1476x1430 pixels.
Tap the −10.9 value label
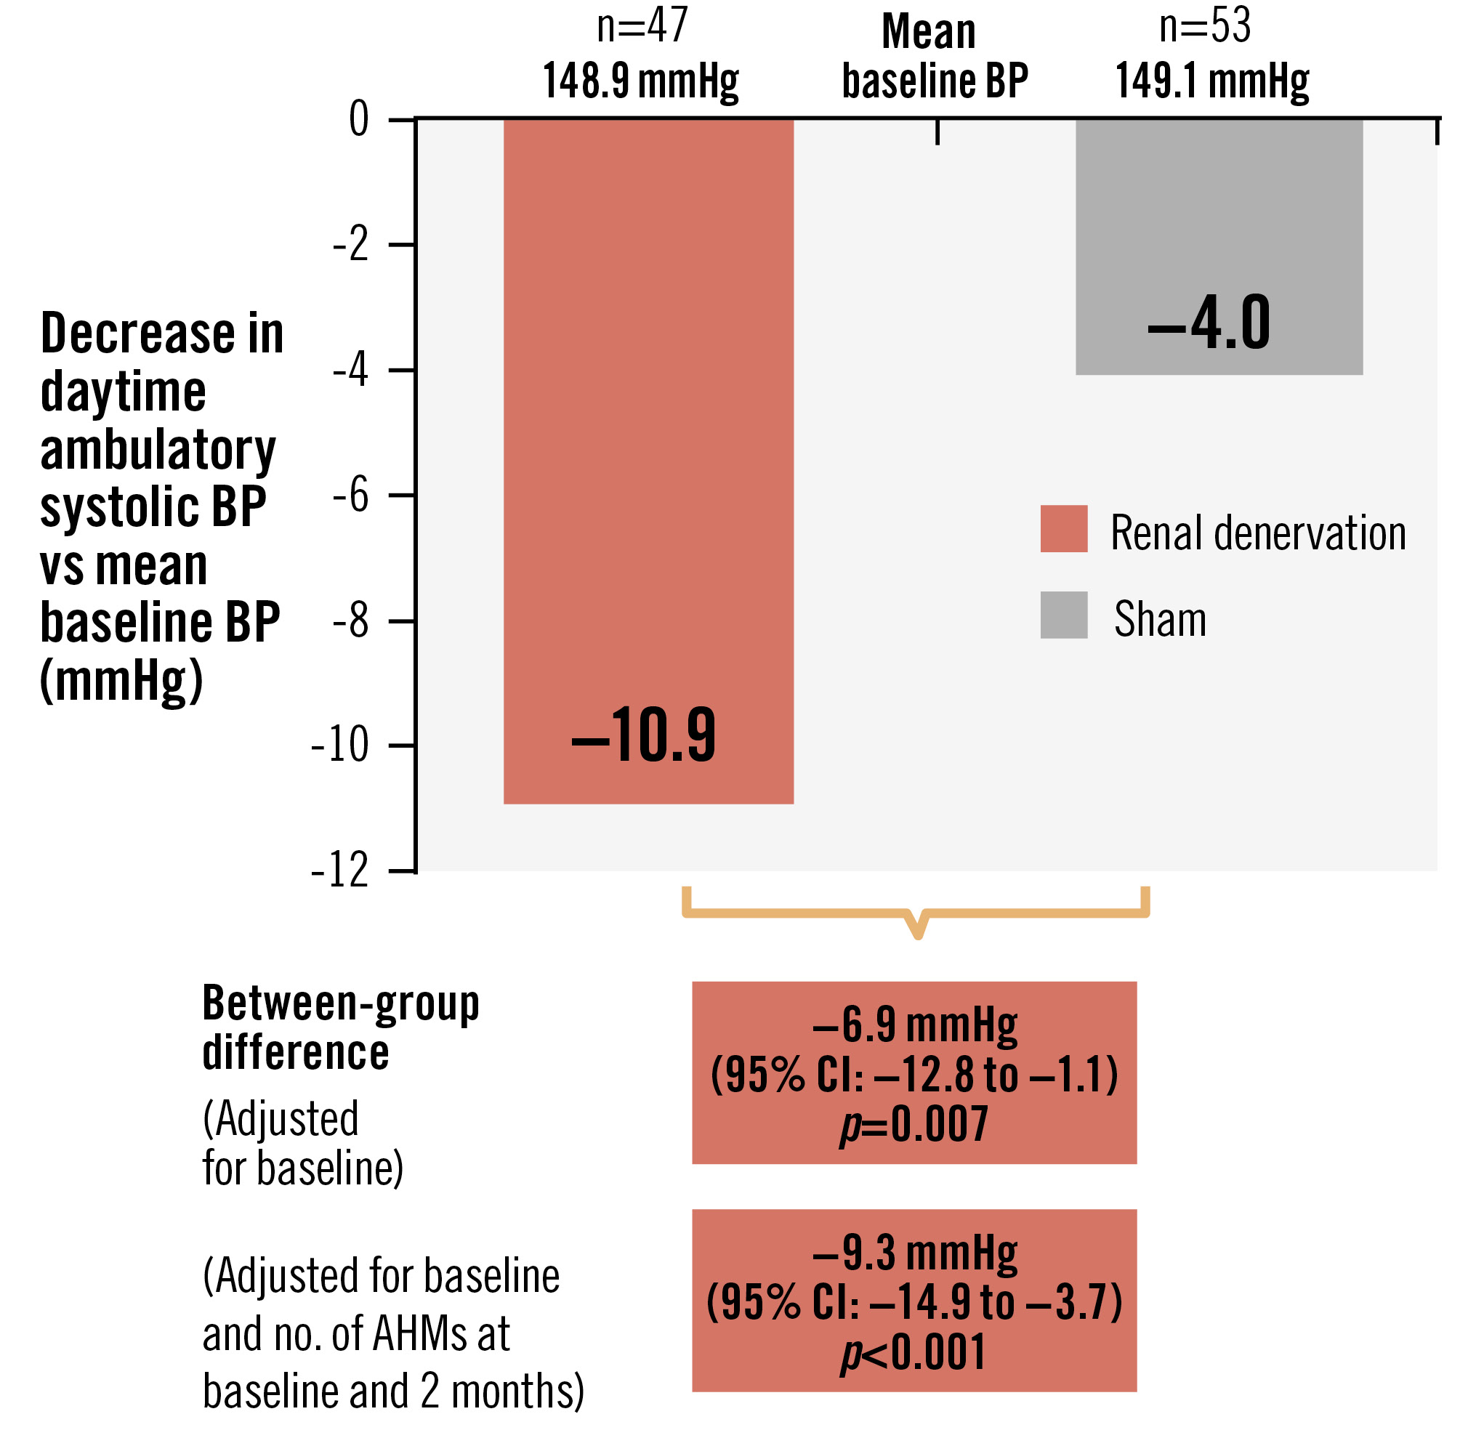coord(644,735)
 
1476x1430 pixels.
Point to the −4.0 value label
coord(1209,323)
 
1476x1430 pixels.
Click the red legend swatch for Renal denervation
coord(1063,529)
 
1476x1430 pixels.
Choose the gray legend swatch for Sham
coord(1063,615)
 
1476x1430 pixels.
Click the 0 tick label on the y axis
coord(359,119)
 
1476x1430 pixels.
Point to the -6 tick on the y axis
coord(351,496)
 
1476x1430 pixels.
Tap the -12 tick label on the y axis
coord(340,871)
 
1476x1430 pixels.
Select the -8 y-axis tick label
coord(351,621)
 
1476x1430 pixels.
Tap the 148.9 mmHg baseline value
coord(641,81)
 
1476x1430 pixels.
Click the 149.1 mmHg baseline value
coord(1212,81)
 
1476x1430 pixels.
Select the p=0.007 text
coord(914,1126)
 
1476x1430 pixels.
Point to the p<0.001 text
coord(914,1353)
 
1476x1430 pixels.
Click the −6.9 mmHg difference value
coord(915,1025)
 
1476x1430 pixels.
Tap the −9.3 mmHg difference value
coord(915,1253)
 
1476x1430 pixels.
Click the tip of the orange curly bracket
coord(917,936)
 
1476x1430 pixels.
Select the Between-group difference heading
coord(340,1028)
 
